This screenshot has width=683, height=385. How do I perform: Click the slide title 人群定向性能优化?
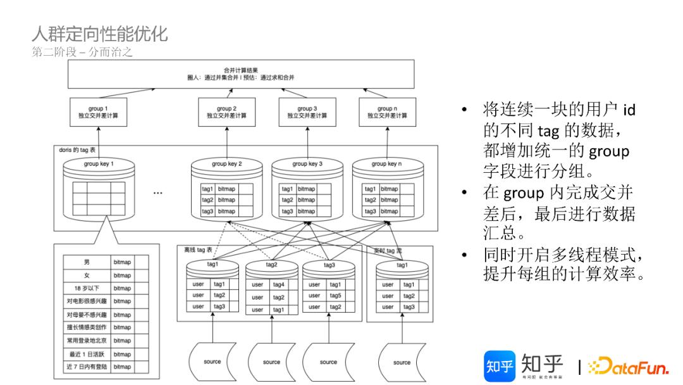pyautogui.click(x=99, y=32)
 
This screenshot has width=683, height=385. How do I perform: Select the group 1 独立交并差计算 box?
pyautogui.click(x=97, y=113)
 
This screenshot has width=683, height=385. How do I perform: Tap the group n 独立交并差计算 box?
pyautogui.click(x=386, y=113)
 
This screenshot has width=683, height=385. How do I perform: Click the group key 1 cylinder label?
pyautogui.click(x=99, y=164)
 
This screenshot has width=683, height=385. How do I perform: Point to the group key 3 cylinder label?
pyautogui.click(x=307, y=164)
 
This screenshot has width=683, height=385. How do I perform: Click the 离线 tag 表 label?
pyautogui.click(x=198, y=250)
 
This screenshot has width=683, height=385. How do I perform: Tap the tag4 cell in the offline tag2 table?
pyautogui.click(x=279, y=285)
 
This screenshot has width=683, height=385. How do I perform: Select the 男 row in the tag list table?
pyautogui.click(x=87, y=262)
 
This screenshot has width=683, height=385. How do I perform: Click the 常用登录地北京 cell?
pyautogui.click(x=87, y=341)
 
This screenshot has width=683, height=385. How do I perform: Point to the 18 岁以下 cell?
pyautogui.click(x=87, y=288)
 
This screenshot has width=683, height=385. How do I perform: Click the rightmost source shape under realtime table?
pyautogui.click(x=402, y=362)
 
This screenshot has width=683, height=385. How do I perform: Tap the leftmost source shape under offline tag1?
pyautogui.click(x=212, y=362)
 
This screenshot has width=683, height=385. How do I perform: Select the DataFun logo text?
pyautogui.click(x=629, y=367)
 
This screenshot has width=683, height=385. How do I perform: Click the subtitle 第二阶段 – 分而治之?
pyautogui.click(x=82, y=53)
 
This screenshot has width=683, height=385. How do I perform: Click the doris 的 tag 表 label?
pyautogui.click(x=77, y=150)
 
